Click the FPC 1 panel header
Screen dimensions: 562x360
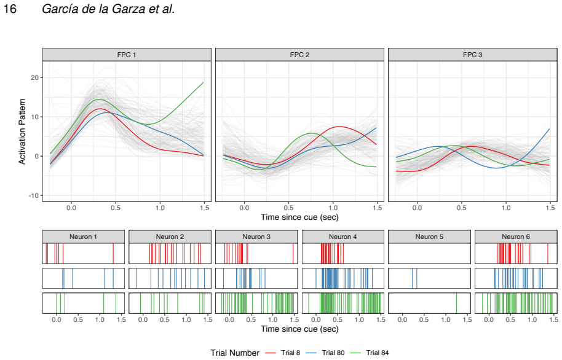(127, 55)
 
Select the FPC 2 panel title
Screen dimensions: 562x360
(299, 55)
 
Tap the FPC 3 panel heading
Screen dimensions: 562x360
(472, 55)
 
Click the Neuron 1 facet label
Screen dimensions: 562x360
(83, 237)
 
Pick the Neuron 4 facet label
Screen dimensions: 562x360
(343, 237)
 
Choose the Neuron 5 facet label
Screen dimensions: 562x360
(429, 237)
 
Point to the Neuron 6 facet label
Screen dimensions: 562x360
(516, 237)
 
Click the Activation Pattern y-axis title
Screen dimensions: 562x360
(22, 131)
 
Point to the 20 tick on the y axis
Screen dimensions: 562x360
(34, 78)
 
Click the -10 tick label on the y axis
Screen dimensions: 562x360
(33, 195)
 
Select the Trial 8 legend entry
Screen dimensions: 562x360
(283, 353)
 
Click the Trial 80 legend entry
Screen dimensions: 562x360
(325, 353)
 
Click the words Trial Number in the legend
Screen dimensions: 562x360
(235, 353)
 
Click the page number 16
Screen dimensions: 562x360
(10, 9)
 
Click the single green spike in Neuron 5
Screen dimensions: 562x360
(457, 303)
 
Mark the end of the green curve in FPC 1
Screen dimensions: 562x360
(204, 82)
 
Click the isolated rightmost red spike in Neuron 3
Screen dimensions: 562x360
(293, 254)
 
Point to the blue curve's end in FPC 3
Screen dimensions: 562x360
(549, 129)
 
